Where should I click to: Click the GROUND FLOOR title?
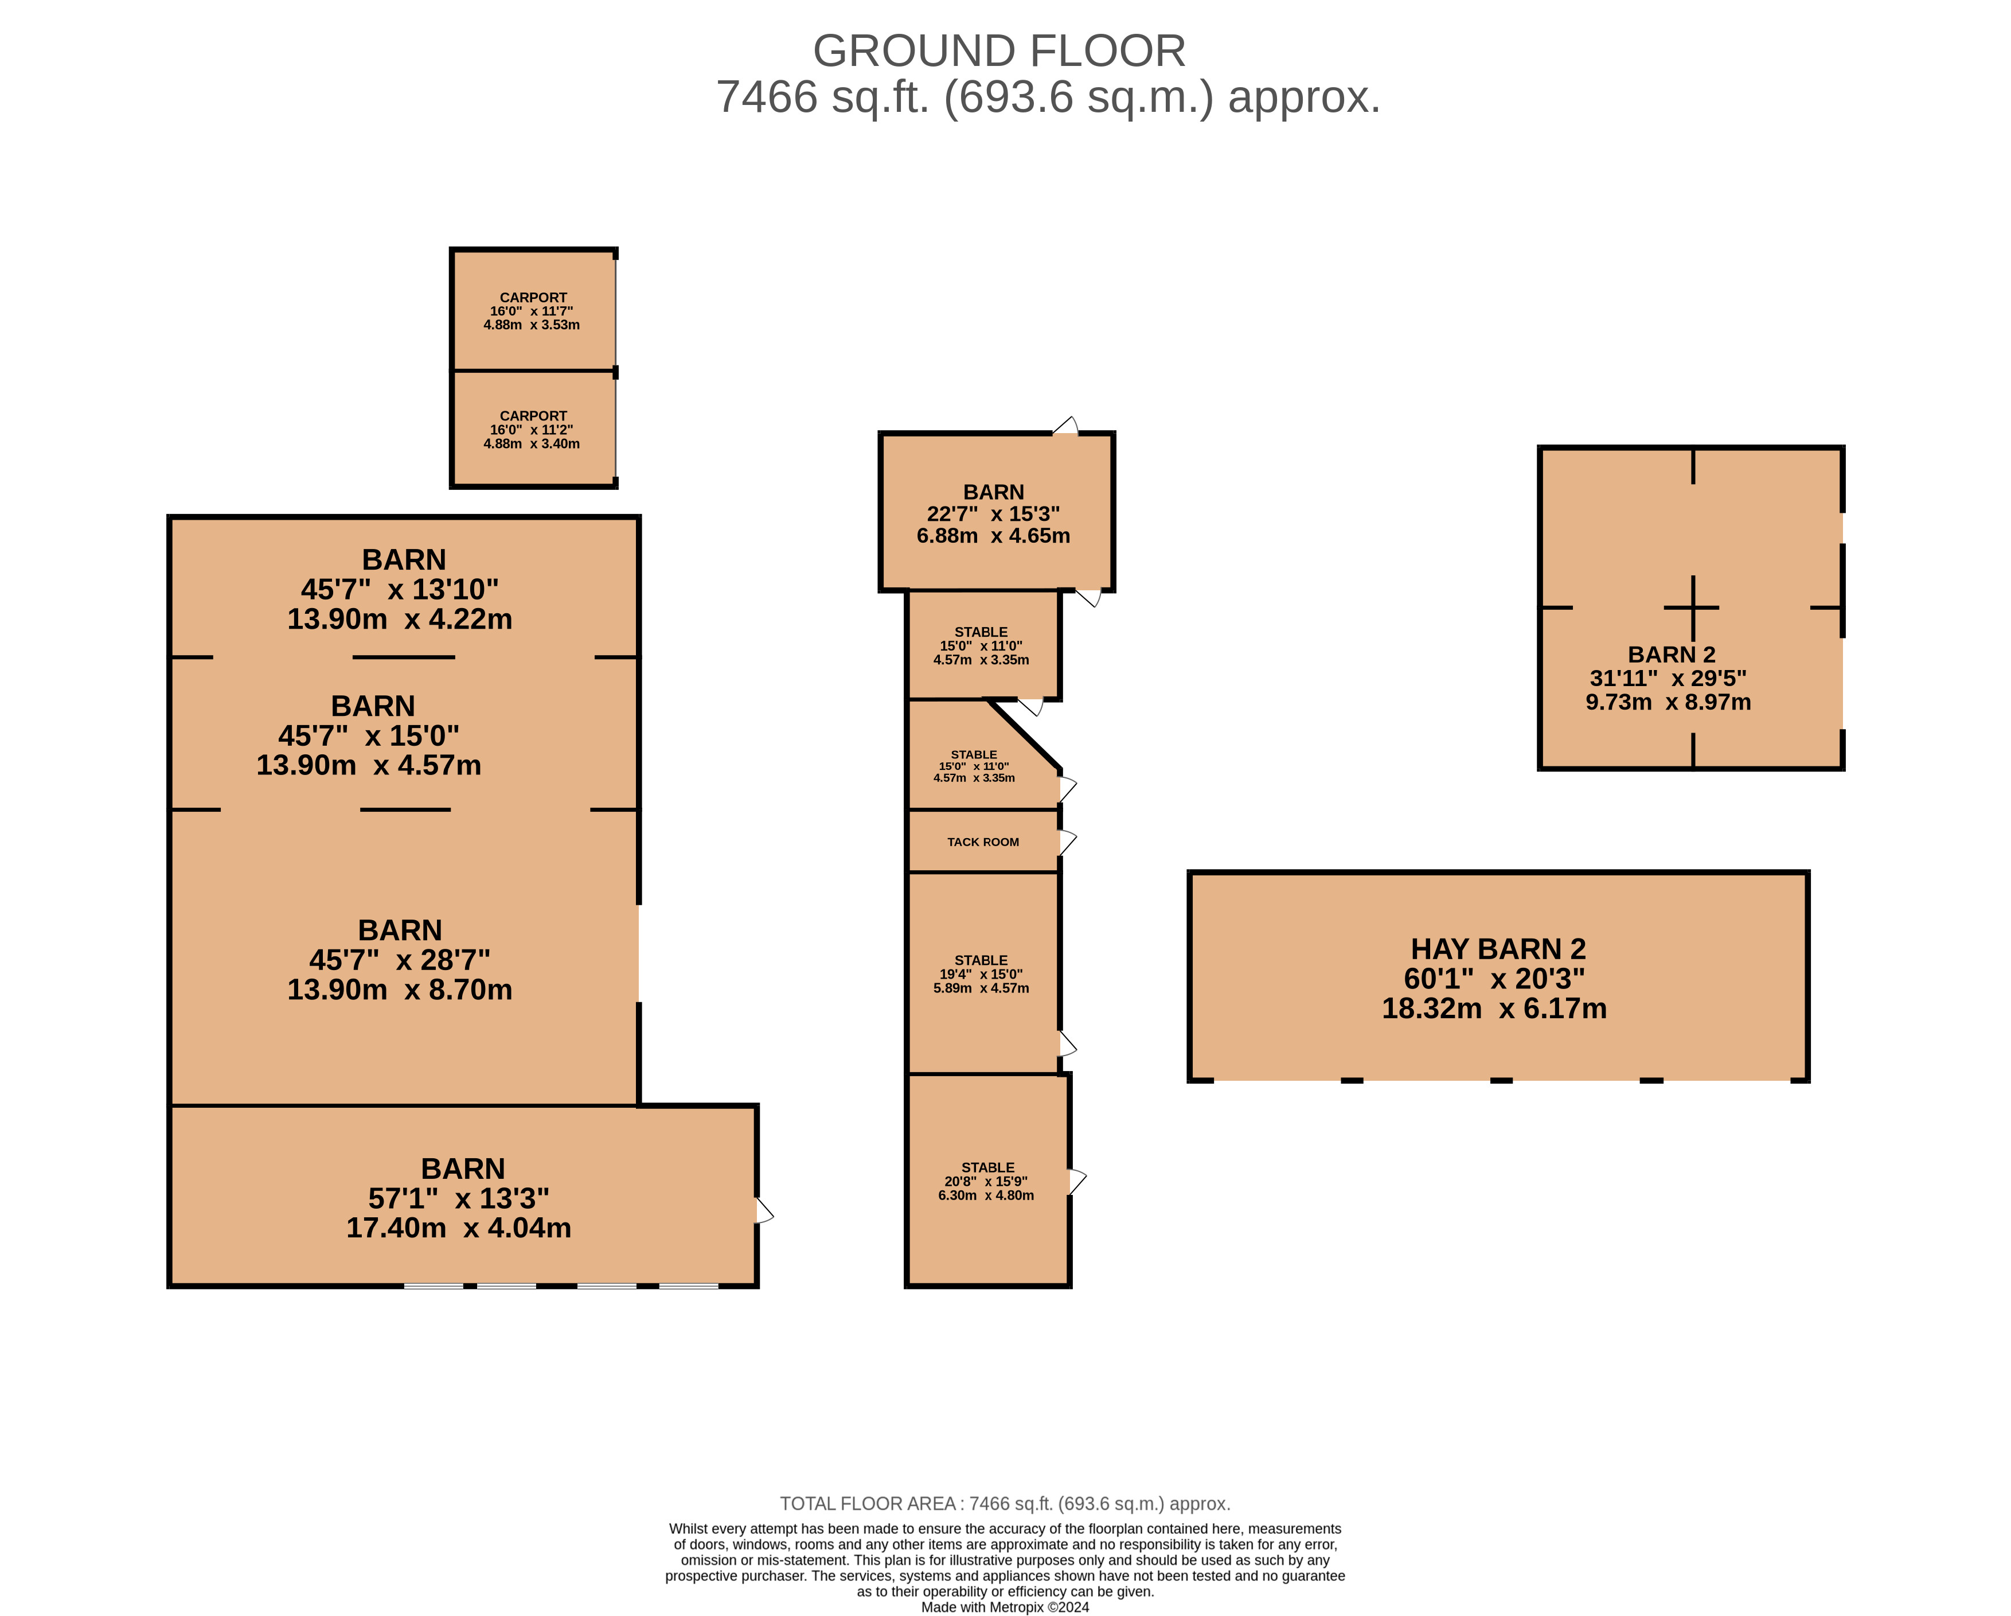coord(999,50)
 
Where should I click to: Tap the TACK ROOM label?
coord(983,842)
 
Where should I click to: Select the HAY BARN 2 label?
coord(1498,949)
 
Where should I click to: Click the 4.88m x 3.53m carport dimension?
coord(532,325)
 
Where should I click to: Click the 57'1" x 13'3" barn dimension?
coord(459,1198)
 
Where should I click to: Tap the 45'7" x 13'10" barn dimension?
coord(399,590)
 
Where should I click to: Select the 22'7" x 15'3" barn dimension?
coord(993,514)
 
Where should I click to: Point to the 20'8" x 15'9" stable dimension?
coord(986,1181)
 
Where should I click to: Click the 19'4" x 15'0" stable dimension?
coord(981,974)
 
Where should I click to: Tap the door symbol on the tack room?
coord(1067,842)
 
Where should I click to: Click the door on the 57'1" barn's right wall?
coord(764,1211)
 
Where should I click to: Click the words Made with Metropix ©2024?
coord(1005,1607)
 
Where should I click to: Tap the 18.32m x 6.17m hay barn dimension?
coord(1494,1008)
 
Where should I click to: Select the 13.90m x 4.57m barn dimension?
coord(369,765)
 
